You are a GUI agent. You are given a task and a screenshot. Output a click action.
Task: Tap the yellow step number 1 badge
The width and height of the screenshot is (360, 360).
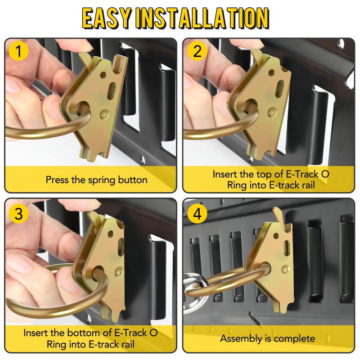pos(18,52)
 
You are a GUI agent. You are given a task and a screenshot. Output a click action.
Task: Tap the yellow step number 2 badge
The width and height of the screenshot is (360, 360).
pos(197,52)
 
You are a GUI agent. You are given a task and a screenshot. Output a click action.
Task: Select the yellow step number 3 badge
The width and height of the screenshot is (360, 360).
pos(18,214)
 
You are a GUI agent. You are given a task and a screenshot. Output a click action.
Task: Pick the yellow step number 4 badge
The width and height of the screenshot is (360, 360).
pos(197,215)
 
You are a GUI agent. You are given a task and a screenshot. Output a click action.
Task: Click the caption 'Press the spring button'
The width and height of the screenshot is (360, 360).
pos(96,180)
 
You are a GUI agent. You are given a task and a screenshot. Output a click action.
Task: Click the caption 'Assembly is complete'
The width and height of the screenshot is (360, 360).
pos(268,338)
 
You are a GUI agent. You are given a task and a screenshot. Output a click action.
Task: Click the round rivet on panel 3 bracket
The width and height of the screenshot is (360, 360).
pos(119,271)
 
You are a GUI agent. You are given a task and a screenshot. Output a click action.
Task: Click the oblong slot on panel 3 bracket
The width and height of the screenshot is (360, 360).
pos(121,247)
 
